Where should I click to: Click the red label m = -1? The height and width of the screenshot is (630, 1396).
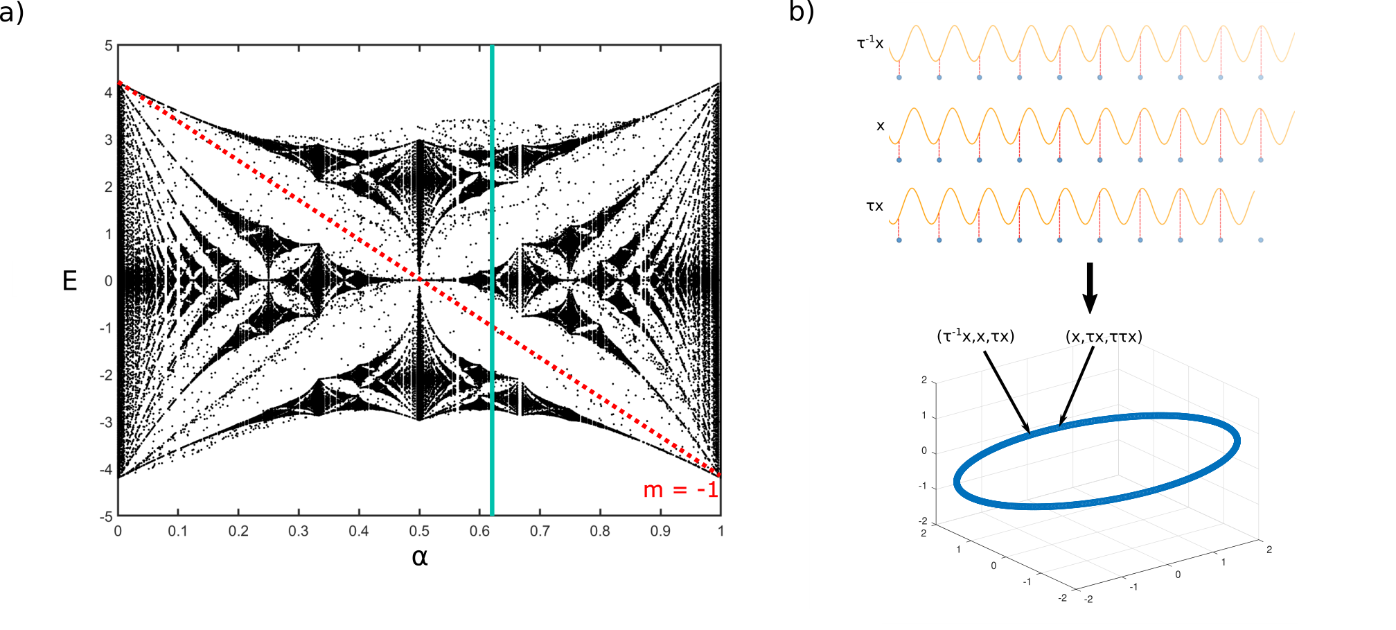(680, 489)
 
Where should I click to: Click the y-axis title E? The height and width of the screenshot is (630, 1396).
(70, 281)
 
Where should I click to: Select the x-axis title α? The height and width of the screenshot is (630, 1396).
(419, 557)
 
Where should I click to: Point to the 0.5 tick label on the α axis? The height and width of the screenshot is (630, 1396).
(419, 531)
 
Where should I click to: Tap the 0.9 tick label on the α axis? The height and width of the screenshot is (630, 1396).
(660, 531)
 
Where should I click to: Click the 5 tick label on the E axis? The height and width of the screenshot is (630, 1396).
(109, 46)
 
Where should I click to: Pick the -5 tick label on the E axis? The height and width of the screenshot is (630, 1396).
(106, 516)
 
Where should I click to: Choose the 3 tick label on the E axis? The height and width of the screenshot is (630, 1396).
(109, 140)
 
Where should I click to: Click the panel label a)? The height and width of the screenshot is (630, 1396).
(12, 12)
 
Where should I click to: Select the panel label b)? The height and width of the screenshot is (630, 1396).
(802, 12)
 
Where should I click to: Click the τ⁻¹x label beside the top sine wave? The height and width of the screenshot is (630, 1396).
(870, 42)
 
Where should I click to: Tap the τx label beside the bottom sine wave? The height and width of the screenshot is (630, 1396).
(875, 206)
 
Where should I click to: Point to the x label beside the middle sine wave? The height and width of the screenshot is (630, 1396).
(881, 126)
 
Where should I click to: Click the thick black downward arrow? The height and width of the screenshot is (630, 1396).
(1090, 288)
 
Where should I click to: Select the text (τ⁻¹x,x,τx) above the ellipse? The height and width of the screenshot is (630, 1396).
(975, 336)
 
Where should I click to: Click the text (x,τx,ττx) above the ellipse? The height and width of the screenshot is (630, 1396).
(1104, 337)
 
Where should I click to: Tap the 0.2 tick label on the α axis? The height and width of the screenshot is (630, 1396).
(238, 531)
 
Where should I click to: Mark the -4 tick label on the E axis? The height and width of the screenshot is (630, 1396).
(106, 469)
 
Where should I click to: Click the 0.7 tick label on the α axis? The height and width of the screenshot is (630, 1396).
(540, 531)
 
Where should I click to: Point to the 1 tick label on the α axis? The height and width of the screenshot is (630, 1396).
(721, 531)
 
